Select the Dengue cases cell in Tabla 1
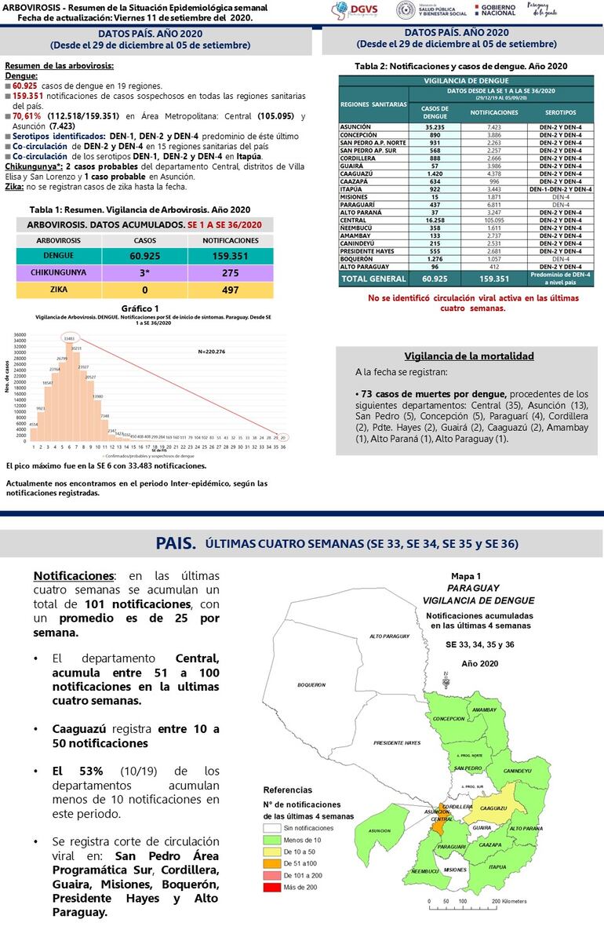145,256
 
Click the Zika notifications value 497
230,290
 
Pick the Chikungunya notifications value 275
230,273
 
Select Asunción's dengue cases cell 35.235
434,126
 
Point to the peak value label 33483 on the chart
69,339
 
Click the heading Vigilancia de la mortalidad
468,356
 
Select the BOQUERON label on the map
311,685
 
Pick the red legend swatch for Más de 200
271,888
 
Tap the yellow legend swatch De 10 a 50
271,852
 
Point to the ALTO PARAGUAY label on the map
390,636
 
